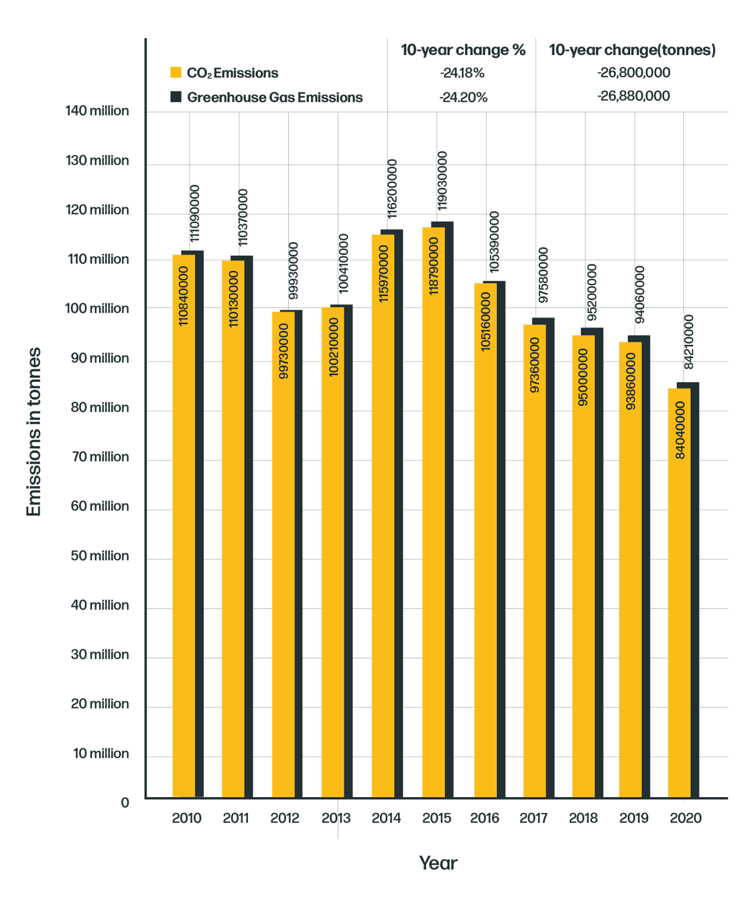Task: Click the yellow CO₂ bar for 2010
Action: click(184, 526)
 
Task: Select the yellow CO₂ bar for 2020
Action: click(680, 593)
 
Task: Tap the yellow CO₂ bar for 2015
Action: click(434, 512)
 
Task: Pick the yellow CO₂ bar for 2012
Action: click(283, 554)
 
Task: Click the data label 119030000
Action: click(442, 180)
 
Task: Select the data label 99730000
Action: click(283, 351)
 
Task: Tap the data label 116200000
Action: click(392, 189)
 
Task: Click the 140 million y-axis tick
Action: click(97, 111)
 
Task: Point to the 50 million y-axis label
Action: click(100, 556)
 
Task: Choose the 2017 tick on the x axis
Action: click(533, 818)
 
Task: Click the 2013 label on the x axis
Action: click(336, 818)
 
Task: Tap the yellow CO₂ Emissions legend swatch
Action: click(176, 72)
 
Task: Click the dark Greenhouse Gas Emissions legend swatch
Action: click(176, 97)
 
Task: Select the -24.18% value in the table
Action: click(462, 73)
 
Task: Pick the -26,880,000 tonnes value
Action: click(633, 96)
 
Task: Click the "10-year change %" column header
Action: click(463, 50)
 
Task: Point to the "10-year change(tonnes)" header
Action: click(632, 50)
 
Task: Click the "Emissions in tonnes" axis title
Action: click(34, 432)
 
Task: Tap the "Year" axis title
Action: click(438, 863)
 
